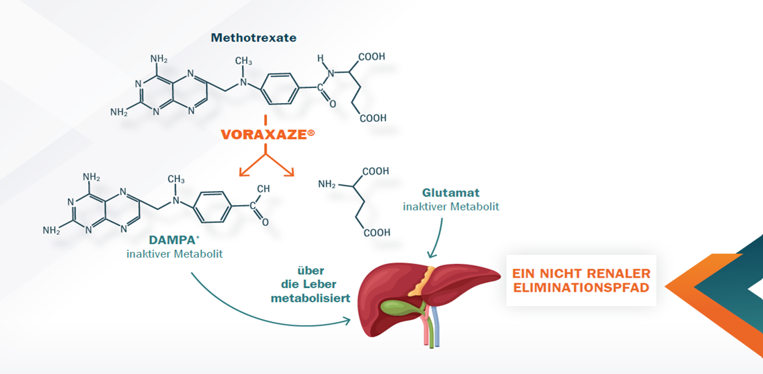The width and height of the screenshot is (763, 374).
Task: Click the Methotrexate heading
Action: [254, 38]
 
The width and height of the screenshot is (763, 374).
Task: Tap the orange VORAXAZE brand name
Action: [264, 135]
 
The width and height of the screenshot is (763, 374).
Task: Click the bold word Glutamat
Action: [451, 193]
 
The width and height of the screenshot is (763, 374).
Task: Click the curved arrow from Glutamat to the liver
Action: [435, 239]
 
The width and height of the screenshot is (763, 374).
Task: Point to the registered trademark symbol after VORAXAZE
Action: [311, 131]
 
